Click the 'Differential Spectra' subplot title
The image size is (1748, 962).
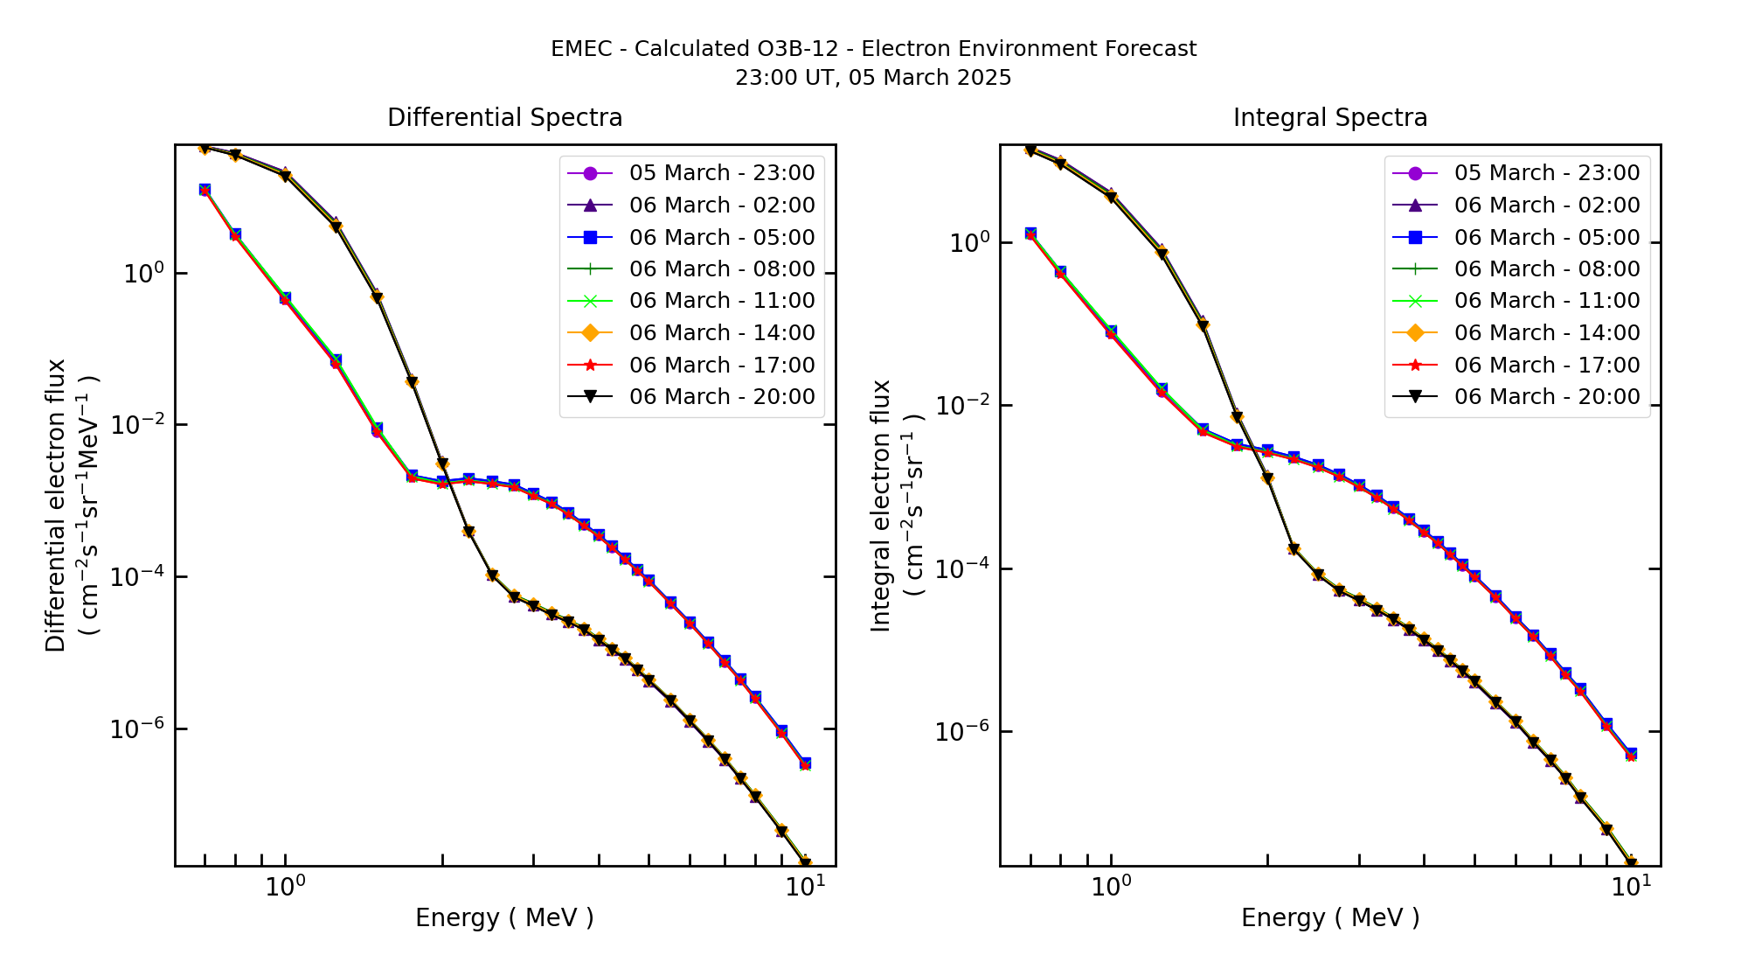[x=504, y=118]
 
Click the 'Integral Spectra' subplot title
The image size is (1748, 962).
[x=1329, y=118]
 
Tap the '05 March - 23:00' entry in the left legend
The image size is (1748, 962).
[x=721, y=173]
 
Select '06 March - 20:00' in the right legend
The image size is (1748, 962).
[x=1546, y=397]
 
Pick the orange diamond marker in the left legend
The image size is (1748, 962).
[x=590, y=333]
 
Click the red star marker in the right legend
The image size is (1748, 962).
[x=1415, y=366]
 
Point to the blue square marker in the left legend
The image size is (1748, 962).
[x=590, y=237]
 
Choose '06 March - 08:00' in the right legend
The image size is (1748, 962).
[x=1546, y=269]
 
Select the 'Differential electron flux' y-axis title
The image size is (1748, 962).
[x=56, y=505]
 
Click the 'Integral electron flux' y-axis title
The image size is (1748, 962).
[x=881, y=505]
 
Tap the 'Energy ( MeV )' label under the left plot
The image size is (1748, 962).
[x=504, y=917]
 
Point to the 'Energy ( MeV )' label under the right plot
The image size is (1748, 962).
[x=1329, y=917]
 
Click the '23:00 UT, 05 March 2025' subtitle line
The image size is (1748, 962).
[x=873, y=78]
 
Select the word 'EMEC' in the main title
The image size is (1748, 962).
[x=581, y=49]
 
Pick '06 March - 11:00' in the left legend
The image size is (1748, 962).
[x=721, y=301]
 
